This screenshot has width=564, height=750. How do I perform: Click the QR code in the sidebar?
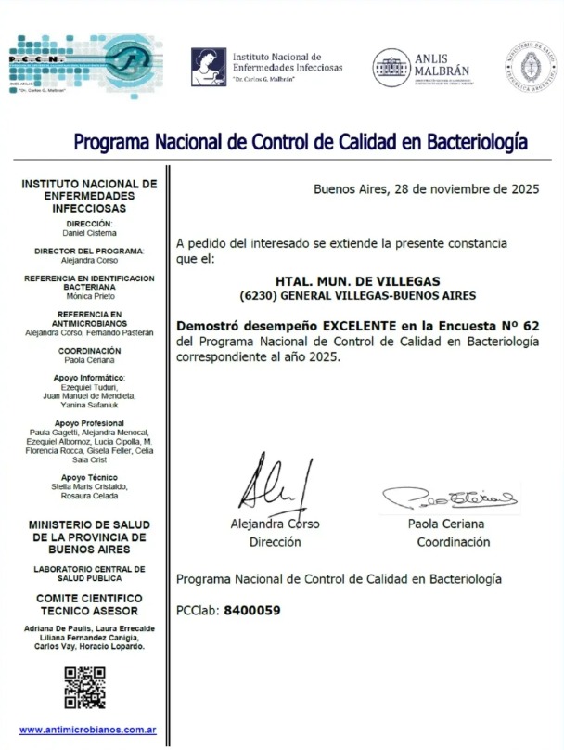pos(83,688)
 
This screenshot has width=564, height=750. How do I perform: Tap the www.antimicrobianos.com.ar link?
pos(87,730)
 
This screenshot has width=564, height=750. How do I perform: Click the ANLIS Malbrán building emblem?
pos(391,68)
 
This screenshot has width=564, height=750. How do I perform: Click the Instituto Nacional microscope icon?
pos(208,67)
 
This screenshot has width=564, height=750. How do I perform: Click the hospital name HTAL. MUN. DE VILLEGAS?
pos(357,280)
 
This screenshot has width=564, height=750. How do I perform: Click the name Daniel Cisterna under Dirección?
pos(89,231)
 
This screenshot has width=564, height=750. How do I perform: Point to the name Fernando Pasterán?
pos(122,330)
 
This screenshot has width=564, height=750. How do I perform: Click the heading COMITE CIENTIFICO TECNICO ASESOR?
pos(89,604)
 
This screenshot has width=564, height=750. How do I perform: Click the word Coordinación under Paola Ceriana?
pos(453,541)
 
